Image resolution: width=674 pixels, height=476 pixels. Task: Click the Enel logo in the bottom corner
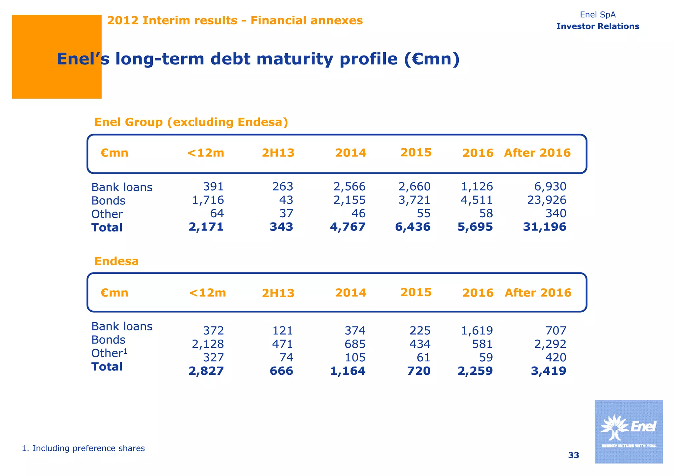tap(628, 431)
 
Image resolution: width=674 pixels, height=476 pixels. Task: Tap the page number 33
tap(573, 455)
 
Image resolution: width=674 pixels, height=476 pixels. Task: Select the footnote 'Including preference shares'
tap(83, 448)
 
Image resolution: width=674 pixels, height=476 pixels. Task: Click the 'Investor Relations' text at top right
tap(598, 26)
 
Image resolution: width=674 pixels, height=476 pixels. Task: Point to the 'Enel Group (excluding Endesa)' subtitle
tap(191, 122)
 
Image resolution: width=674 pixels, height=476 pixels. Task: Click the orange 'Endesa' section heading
tap(117, 261)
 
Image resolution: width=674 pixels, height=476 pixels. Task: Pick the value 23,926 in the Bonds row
tap(547, 200)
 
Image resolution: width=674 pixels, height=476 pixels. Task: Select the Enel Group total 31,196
tap(545, 227)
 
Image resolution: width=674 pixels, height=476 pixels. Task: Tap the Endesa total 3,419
tap(548, 371)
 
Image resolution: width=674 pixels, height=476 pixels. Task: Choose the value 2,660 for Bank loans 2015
tap(414, 186)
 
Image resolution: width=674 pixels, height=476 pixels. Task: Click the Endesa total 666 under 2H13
tap(281, 371)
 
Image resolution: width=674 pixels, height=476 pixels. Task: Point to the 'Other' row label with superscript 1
tap(109, 353)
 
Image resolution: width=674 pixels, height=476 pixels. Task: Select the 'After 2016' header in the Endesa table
tap(538, 293)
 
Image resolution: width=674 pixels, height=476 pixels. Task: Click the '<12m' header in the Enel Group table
tap(206, 153)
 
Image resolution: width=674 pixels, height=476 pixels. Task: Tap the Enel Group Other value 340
tap(556, 213)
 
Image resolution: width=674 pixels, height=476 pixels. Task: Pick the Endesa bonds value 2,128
tap(208, 344)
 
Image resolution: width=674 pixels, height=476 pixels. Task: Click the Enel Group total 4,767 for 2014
tap(348, 227)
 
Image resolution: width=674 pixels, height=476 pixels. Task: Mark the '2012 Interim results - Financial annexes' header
tap(235, 20)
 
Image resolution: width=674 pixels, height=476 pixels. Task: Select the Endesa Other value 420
tap(556, 357)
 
